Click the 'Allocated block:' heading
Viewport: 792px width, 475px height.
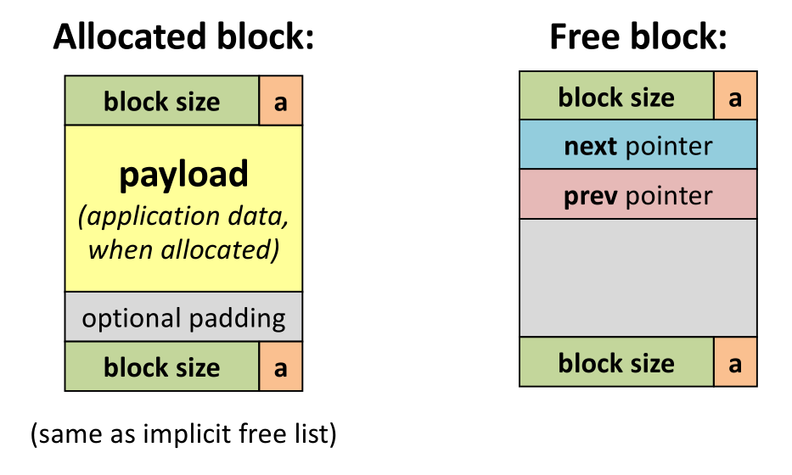click(183, 37)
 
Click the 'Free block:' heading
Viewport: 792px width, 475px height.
click(638, 37)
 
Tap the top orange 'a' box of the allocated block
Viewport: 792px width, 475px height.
click(280, 101)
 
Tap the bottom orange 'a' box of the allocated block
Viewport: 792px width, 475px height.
click(280, 366)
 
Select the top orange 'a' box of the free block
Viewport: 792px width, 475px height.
click(735, 97)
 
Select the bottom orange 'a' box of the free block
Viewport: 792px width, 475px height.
click(735, 362)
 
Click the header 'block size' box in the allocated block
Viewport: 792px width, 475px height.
click(161, 101)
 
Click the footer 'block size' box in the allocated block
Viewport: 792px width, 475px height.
click(161, 366)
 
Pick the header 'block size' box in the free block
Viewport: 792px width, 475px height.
click(616, 97)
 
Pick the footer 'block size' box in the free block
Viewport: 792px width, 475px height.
click(616, 362)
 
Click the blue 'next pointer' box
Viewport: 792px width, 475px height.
click(638, 146)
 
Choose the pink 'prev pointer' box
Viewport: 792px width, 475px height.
click(638, 195)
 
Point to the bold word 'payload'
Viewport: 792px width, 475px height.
click(183, 174)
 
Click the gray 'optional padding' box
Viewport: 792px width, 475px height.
click(183, 318)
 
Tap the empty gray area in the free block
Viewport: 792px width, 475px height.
click(638, 278)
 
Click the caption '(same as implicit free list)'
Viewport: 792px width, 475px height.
click(183, 436)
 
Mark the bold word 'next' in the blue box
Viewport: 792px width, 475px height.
click(591, 146)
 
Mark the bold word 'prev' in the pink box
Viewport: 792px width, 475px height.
click(591, 195)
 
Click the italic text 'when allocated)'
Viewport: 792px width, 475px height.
click(183, 250)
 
